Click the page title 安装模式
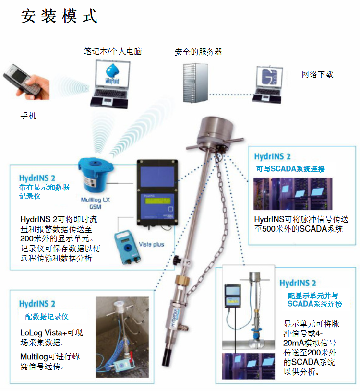59,16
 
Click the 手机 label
28,116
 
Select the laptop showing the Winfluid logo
110,84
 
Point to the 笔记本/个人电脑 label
112,52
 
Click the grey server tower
195,83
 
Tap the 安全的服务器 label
198,52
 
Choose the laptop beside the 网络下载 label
268,84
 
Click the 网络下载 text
317,74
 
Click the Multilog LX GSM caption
96,203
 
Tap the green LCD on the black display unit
157,201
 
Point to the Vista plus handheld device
127,247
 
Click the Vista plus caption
151,244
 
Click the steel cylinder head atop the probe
215,131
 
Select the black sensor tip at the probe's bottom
167,357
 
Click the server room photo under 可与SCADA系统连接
293,193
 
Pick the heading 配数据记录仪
47,317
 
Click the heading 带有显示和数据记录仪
44,191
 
